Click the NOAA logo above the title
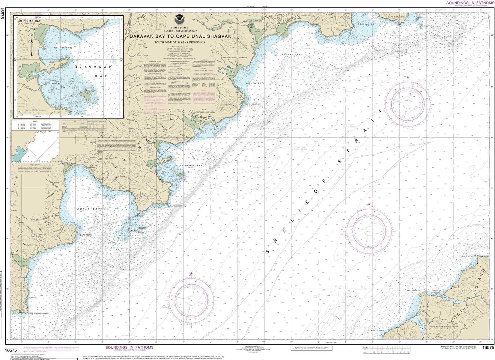pos(180,17)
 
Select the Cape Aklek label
pos(85,235)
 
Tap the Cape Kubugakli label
pos(252,104)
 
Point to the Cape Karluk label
pos(412,291)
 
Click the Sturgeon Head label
pos(375,330)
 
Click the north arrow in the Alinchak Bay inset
pos(32,45)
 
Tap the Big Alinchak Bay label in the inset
pos(63,48)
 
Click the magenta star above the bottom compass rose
pos(191,273)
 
